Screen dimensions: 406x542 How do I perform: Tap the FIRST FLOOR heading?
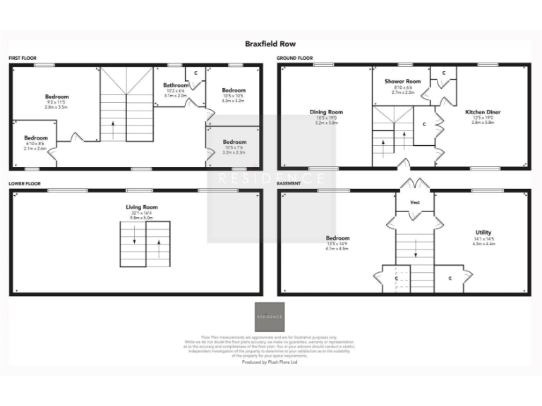click(23, 58)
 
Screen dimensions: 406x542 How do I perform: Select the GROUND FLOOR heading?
click(295, 58)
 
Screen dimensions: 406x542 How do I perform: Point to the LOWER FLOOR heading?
click(25, 183)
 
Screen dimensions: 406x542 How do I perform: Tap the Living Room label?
click(142, 207)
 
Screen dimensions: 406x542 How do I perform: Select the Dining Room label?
click(326, 111)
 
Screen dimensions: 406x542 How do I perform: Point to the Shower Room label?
click(402, 82)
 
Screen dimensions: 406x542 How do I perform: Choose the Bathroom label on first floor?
click(176, 85)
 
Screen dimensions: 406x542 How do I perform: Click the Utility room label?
click(483, 232)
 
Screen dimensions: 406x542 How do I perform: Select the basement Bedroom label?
click(337, 238)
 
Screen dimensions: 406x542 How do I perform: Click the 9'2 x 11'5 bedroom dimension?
click(56, 102)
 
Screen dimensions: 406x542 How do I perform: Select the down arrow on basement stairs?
click(415, 247)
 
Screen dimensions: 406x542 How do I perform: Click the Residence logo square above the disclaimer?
click(270, 317)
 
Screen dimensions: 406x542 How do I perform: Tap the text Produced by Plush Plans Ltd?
click(270, 362)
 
